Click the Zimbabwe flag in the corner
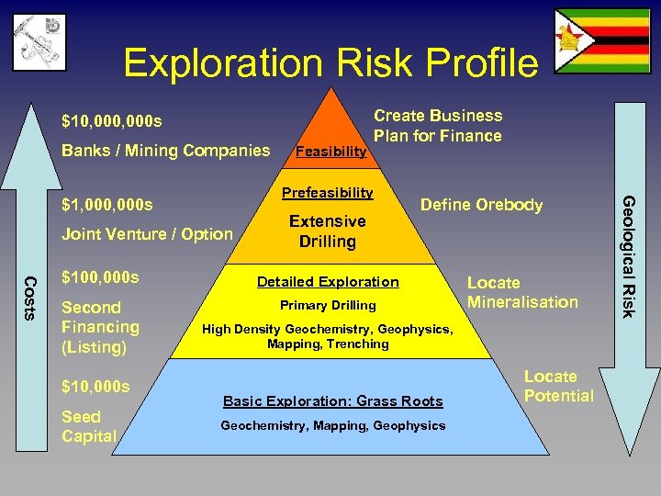point(601,41)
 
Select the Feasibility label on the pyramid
point(330,152)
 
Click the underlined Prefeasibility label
point(327,193)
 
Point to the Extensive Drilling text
point(327,231)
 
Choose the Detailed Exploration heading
point(328,282)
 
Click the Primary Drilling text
point(328,305)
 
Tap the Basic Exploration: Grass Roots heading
point(333,401)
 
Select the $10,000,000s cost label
point(112,121)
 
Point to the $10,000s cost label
point(95,387)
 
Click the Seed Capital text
point(89,426)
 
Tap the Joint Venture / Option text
point(147,234)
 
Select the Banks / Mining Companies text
point(166,151)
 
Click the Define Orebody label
point(481,205)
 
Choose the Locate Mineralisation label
point(522,292)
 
